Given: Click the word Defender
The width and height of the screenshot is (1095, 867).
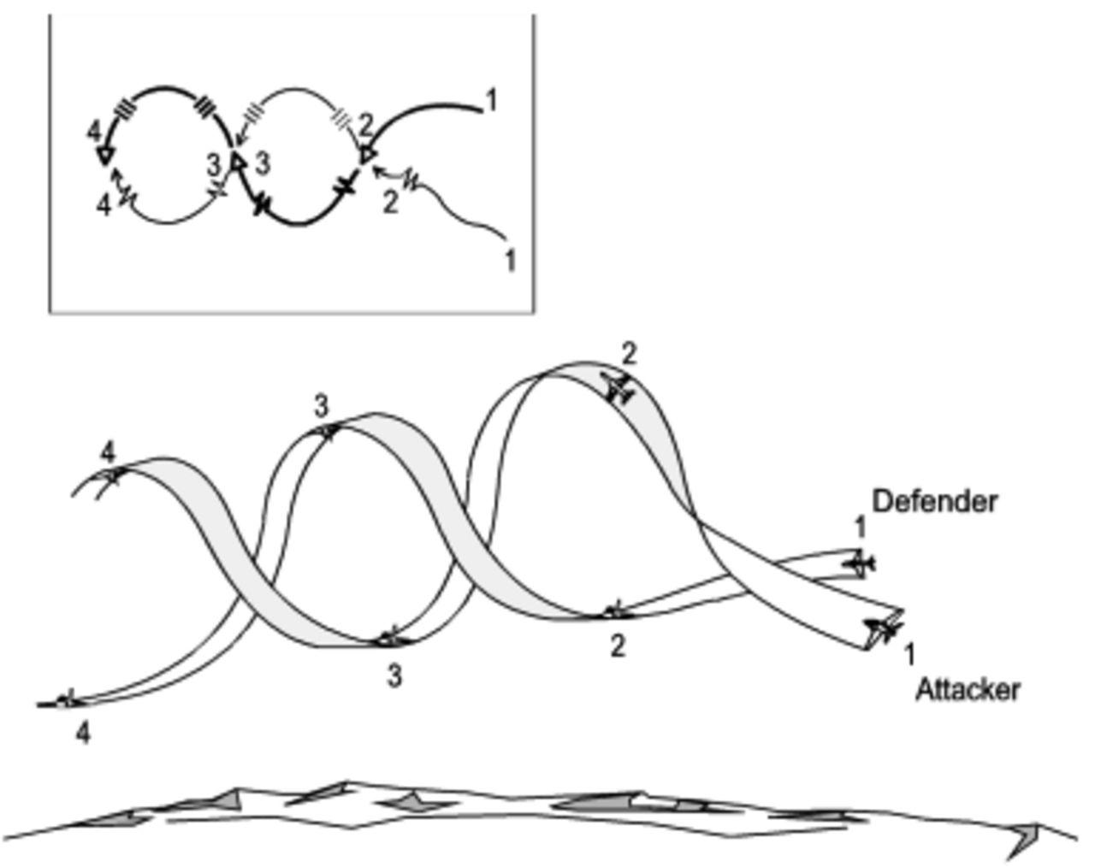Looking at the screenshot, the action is [935, 502].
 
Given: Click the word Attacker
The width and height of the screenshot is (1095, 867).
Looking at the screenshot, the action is [968, 691].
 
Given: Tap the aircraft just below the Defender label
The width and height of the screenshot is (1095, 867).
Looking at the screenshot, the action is [859, 563].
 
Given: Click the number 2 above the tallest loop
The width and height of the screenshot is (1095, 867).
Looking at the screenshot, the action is [630, 354].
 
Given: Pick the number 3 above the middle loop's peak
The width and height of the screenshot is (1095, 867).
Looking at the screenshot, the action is [321, 407].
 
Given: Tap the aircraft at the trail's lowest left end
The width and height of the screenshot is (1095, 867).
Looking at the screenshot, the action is [63, 702].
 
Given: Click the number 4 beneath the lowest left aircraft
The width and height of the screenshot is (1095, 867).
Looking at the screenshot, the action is [83, 734].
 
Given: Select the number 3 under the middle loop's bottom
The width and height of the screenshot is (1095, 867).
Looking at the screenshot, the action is [394, 676].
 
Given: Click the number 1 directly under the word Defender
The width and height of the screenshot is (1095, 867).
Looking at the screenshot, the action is [860, 528].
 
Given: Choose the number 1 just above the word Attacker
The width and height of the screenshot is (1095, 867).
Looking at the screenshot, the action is [910, 654].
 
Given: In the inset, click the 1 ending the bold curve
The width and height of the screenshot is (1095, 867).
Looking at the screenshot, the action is [491, 100].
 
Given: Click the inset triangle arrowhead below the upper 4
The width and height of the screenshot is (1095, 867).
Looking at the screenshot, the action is [105, 155].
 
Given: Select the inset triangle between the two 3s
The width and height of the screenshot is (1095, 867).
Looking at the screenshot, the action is [238, 162].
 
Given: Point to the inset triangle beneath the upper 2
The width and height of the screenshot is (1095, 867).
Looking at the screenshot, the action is [367, 155].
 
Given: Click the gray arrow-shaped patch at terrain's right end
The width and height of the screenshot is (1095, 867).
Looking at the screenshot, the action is [1024, 840].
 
